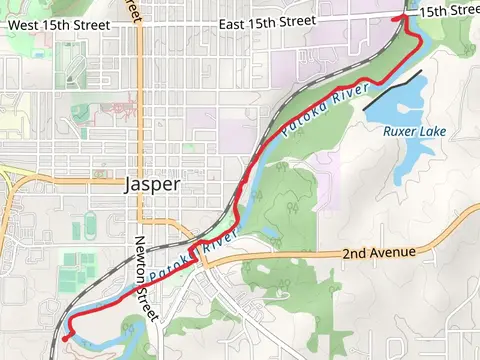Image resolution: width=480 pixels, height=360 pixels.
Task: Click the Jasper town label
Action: [x=152, y=185]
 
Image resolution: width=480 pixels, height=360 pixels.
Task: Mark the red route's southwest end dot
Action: [x=65, y=339]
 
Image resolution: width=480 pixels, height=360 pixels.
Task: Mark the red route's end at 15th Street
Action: [x=405, y=17]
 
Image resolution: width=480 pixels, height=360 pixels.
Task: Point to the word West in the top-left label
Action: [x=25, y=22]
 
